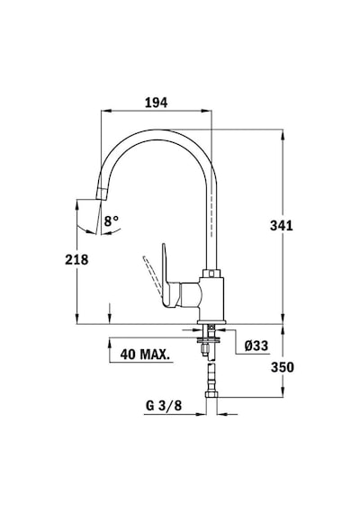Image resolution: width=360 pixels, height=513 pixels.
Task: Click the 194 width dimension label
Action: tap(156, 103)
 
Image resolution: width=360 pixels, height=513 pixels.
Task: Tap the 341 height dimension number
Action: tap(282, 226)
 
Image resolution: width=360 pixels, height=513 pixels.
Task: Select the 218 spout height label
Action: tap(76, 260)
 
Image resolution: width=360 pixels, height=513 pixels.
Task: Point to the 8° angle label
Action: tap(112, 220)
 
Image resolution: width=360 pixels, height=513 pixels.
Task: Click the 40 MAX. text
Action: tap(145, 355)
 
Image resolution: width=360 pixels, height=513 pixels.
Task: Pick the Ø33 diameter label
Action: tap(256, 346)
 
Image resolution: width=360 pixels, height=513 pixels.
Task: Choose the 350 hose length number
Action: tap(282, 367)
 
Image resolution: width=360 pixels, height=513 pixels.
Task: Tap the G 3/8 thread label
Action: tap(164, 406)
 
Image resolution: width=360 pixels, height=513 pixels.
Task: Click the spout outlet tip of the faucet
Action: tap(102, 194)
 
